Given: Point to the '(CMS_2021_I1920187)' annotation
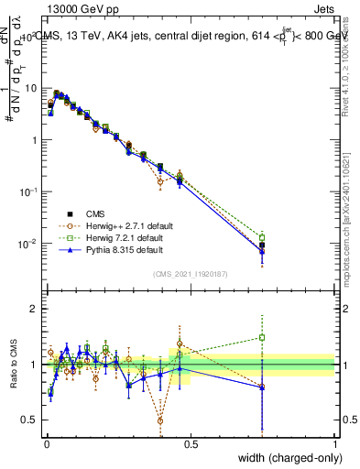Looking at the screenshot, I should [x=190, y=272].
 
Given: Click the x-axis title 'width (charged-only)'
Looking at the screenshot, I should [x=286, y=458].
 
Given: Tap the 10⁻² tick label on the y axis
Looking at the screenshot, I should [x=31, y=244].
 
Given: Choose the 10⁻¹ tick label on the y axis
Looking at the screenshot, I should [x=31, y=191].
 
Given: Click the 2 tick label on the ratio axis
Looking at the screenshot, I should [x=35, y=309].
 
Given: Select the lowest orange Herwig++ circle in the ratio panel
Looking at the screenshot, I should [x=160, y=421].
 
